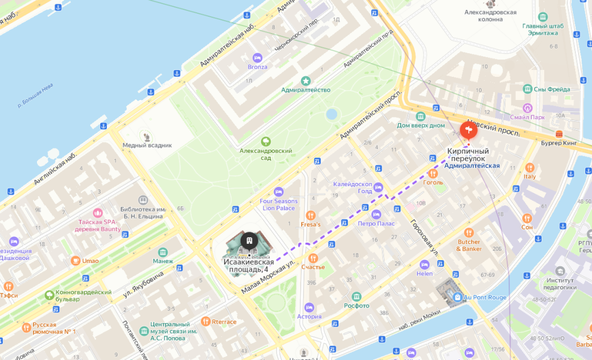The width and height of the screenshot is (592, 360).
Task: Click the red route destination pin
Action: point(468,130)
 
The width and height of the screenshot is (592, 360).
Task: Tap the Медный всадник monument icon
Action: point(147,136)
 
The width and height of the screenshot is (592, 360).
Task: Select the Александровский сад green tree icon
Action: point(266,141)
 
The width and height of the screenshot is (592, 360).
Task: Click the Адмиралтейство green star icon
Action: point(306,80)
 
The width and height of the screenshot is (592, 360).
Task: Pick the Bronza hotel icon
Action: point(258,58)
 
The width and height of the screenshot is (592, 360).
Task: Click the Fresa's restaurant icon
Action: point(310,214)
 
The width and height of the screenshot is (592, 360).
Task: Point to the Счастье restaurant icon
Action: point(313,258)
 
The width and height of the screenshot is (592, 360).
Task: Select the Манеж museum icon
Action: point(162,252)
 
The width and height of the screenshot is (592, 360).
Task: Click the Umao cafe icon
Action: point(75,261)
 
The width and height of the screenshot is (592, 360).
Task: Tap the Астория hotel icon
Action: point(309,307)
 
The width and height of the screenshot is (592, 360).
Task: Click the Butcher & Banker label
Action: point(469,245)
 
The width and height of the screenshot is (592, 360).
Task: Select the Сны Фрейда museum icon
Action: point(527,89)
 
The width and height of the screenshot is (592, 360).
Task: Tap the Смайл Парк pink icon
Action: point(527,107)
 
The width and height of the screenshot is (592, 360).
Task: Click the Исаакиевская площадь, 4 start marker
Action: point(249,240)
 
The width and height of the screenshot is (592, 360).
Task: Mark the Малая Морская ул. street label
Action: point(269,278)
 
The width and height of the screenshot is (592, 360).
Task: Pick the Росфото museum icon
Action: point(357,296)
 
